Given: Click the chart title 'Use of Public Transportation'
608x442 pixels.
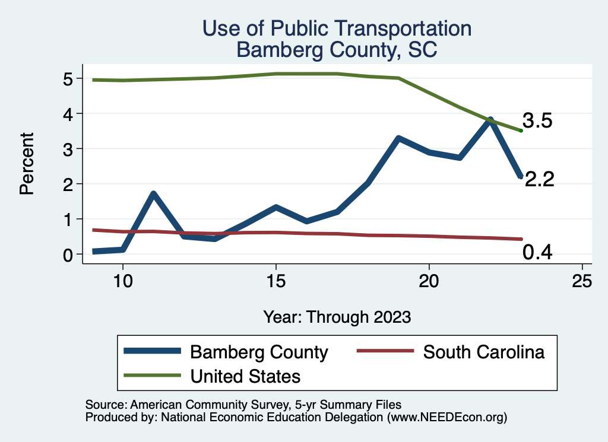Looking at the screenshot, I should coord(337,28).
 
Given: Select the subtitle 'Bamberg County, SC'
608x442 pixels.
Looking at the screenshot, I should coord(337,49).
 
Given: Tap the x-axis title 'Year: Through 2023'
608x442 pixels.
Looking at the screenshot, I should coord(337,317).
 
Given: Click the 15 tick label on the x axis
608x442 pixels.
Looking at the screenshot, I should coord(276,281).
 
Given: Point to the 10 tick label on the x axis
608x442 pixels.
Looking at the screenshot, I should coord(123,281).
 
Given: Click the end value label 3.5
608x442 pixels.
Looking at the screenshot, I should coord(538,121).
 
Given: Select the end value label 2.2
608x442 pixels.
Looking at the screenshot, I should coord(539,179).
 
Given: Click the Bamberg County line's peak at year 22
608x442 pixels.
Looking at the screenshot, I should coord(490,120).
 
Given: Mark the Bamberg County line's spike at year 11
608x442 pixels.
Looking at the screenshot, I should coord(153,194).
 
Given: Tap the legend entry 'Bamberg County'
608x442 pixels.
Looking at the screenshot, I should coord(259,352).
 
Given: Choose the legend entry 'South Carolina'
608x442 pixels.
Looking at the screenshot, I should coord(483,352).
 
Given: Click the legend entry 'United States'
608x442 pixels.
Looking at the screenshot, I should coord(245,376).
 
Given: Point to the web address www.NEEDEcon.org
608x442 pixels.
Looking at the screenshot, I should coord(446,417).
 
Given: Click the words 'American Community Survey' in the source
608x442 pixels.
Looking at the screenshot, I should coord(204,405).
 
